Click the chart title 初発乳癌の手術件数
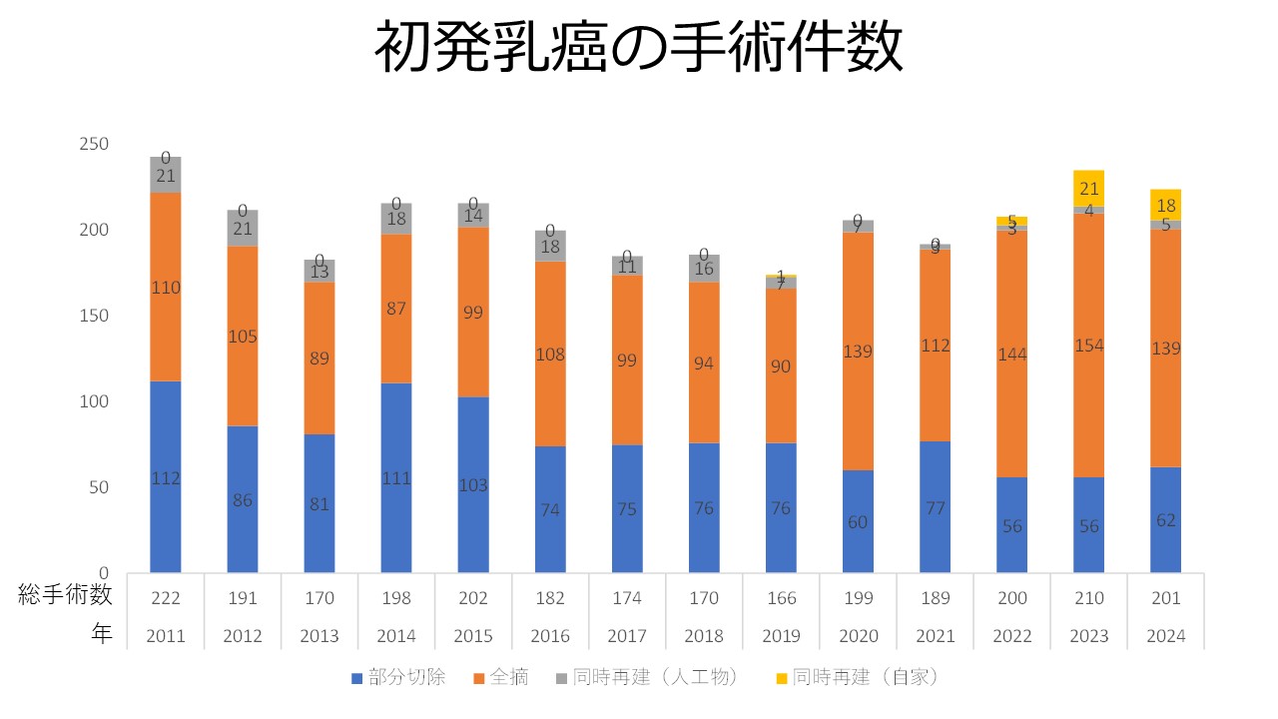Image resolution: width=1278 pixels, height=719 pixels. [639, 47]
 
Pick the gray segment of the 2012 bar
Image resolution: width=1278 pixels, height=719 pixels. [243, 228]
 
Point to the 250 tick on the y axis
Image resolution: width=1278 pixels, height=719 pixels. [94, 144]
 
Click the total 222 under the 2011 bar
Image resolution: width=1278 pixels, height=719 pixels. [166, 598]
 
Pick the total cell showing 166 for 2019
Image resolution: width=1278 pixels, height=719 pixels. [781, 598]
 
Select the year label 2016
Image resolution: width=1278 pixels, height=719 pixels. [550, 635]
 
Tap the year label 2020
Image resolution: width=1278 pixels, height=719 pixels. [858, 635]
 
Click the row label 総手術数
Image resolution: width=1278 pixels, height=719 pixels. [66, 597]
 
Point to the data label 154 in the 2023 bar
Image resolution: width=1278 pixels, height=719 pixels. [1088, 346]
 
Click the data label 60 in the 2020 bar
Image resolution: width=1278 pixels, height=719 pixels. [858, 521]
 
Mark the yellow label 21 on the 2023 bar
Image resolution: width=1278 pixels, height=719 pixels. [1089, 189]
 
